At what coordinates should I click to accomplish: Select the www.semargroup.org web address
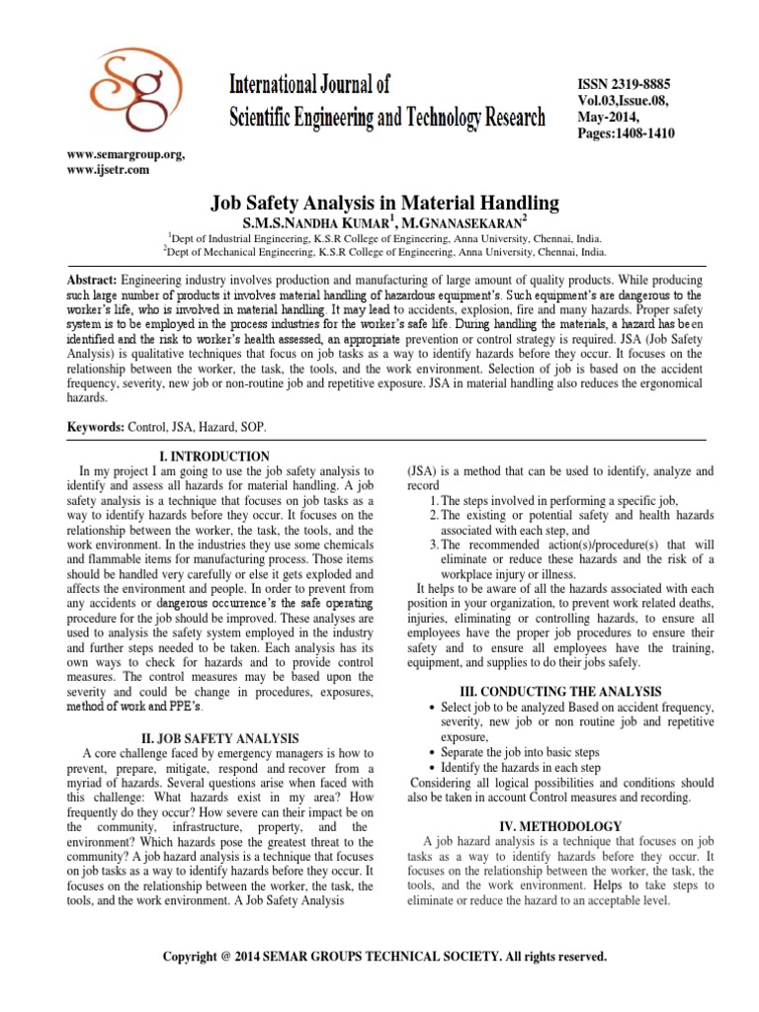[126, 155]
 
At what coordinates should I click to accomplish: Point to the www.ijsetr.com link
[109, 170]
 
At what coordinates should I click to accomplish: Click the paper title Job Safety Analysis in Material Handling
[385, 203]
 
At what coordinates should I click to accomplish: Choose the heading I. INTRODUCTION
[214, 456]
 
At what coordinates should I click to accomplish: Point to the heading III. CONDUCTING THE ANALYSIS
[561, 691]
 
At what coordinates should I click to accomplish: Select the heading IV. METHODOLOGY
[561, 826]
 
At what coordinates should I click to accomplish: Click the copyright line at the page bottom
[384, 957]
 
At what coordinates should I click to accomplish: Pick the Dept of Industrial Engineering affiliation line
[385, 239]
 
